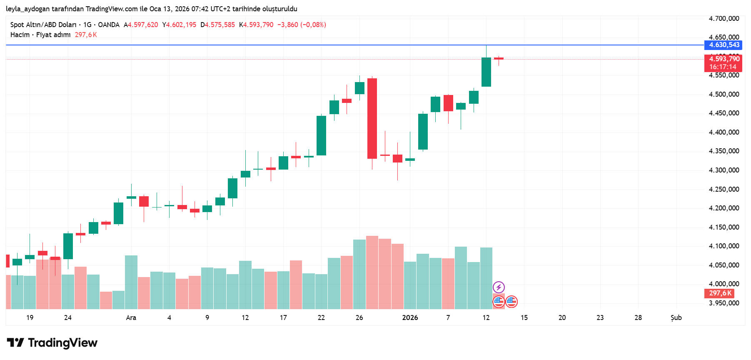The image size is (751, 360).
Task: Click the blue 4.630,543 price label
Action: click(x=724, y=45)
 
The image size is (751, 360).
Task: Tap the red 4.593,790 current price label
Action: click(x=724, y=59)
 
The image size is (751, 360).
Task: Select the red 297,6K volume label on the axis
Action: click(x=720, y=293)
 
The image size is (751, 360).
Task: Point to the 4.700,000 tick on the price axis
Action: click(x=724, y=19)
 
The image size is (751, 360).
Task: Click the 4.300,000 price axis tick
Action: click(x=724, y=170)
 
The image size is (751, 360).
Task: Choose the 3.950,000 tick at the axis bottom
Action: click(x=724, y=303)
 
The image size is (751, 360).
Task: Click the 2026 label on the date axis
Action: click(x=410, y=318)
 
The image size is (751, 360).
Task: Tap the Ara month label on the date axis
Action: click(x=131, y=318)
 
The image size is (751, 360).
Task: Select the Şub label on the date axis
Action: click(x=676, y=318)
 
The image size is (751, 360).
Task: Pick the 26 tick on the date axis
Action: click(x=359, y=318)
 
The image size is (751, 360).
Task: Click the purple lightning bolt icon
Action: click(x=499, y=287)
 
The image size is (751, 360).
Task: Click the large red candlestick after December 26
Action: click(x=372, y=118)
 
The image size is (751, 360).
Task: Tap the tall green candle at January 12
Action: click(x=486, y=72)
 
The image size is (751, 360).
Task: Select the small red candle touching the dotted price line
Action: click(x=499, y=59)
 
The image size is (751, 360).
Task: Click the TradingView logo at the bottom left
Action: click(x=52, y=343)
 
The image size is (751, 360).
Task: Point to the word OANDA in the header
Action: click(x=109, y=25)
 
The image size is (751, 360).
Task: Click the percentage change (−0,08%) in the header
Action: click(x=313, y=25)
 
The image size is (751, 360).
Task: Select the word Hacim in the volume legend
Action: click(x=20, y=35)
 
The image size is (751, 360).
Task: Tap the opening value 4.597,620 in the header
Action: click(x=143, y=25)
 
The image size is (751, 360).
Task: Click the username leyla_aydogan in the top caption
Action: click(x=27, y=9)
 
